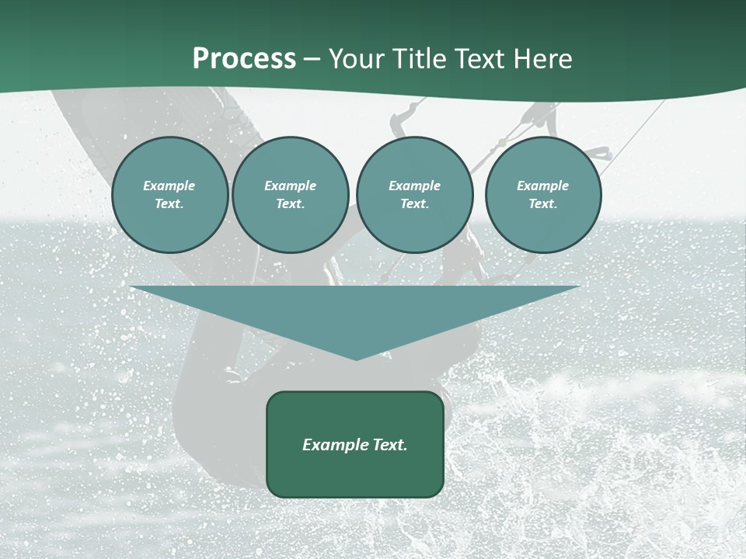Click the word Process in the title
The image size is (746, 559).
[244, 59]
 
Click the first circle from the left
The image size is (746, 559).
[169, 195]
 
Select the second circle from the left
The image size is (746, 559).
[291, 195]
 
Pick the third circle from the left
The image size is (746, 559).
[415, 195]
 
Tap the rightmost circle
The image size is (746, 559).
[543, 195]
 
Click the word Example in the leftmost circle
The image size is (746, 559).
[169, 186]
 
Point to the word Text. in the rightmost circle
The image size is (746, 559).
[543, 204]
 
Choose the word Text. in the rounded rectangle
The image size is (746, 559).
[389, 445]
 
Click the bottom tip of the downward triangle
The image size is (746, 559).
[356, 359]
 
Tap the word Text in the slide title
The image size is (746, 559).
[479, 59]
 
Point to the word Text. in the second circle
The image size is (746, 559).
[291, 204]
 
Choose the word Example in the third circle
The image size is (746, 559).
[415, 186]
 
